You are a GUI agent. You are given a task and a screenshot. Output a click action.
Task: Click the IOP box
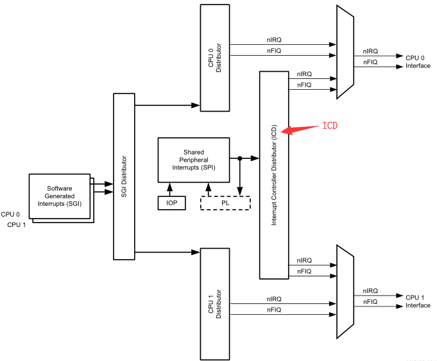(x=171, y=203)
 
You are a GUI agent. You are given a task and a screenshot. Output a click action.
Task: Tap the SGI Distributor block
(x=124, y=176)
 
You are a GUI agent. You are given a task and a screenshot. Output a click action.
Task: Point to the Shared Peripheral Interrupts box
(x=193, y=160)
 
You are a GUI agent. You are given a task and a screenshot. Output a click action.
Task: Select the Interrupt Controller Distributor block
(x=274, y=174)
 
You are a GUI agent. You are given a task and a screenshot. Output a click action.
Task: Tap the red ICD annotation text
(x=329, y=126)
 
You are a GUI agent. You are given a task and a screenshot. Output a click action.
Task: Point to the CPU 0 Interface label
(x=418, y=62)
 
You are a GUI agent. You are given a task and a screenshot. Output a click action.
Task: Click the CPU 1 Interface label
(x=418, y=301)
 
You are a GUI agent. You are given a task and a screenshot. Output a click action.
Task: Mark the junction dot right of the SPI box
(x=239, y=158)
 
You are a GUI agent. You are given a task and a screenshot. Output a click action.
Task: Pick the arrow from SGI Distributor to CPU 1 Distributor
(x=167, y=252)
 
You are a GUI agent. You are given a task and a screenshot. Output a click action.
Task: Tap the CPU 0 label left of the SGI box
(x=10, y=215)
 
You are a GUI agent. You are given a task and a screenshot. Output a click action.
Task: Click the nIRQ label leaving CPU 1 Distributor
(x=274, y=299)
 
